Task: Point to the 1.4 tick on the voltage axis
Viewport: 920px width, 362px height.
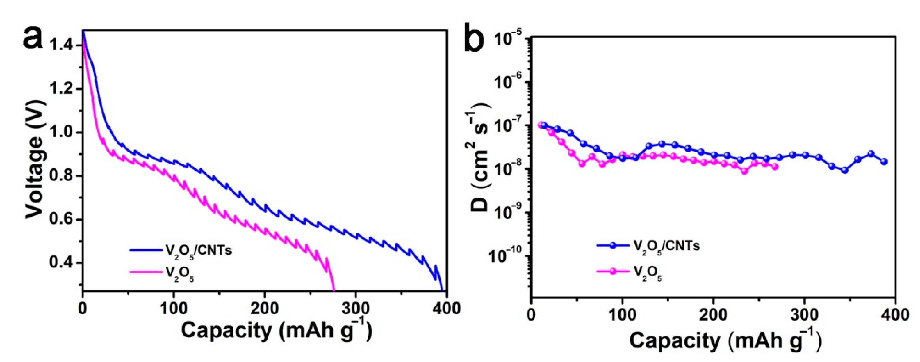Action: pyautogui.click(x=61, y=45)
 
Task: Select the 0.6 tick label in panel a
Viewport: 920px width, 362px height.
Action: pyautogui.click(x=61, y=219)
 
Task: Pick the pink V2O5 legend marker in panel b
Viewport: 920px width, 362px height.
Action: pyautogui.click(x=613, y=271)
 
